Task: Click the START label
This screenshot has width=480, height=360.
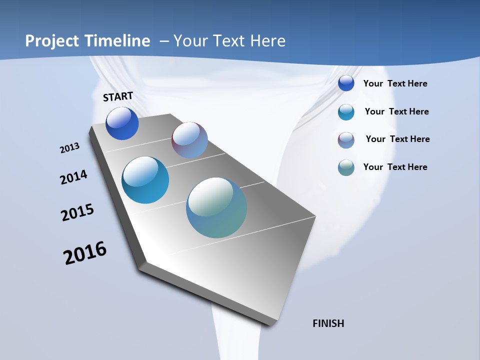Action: tap(118, 96)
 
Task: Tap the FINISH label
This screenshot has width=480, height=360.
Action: tap(328, 323)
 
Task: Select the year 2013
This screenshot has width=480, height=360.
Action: tap(69, 148)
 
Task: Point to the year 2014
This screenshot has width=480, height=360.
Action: tap(74, 177)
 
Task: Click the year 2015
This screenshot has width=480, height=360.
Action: tap(77, 212)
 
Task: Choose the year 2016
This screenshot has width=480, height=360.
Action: tap(85, 253)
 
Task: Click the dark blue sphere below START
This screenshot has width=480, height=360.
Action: tap(122, 123)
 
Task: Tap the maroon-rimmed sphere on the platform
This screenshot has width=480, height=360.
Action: tap(189, 140)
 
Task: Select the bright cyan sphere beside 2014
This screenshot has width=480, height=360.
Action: tap(145, 180)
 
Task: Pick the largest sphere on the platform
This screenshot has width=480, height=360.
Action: tap(216, 207)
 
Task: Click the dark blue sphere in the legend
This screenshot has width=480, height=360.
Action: tap(346, 83)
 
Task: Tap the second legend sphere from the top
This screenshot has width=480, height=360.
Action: tap(346, 112)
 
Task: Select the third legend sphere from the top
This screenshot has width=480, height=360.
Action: tap(346, 140)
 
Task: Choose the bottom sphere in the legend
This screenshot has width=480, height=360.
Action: tap(346, 167)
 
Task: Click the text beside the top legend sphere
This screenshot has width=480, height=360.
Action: tap(395, 83)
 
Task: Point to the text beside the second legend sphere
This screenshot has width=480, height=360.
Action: tap(396, 111)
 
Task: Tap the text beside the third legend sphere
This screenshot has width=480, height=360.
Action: tap(397, 139)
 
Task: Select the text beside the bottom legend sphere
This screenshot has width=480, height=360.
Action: tap(395, 167)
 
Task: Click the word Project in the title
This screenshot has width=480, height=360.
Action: tap(51, 41)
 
